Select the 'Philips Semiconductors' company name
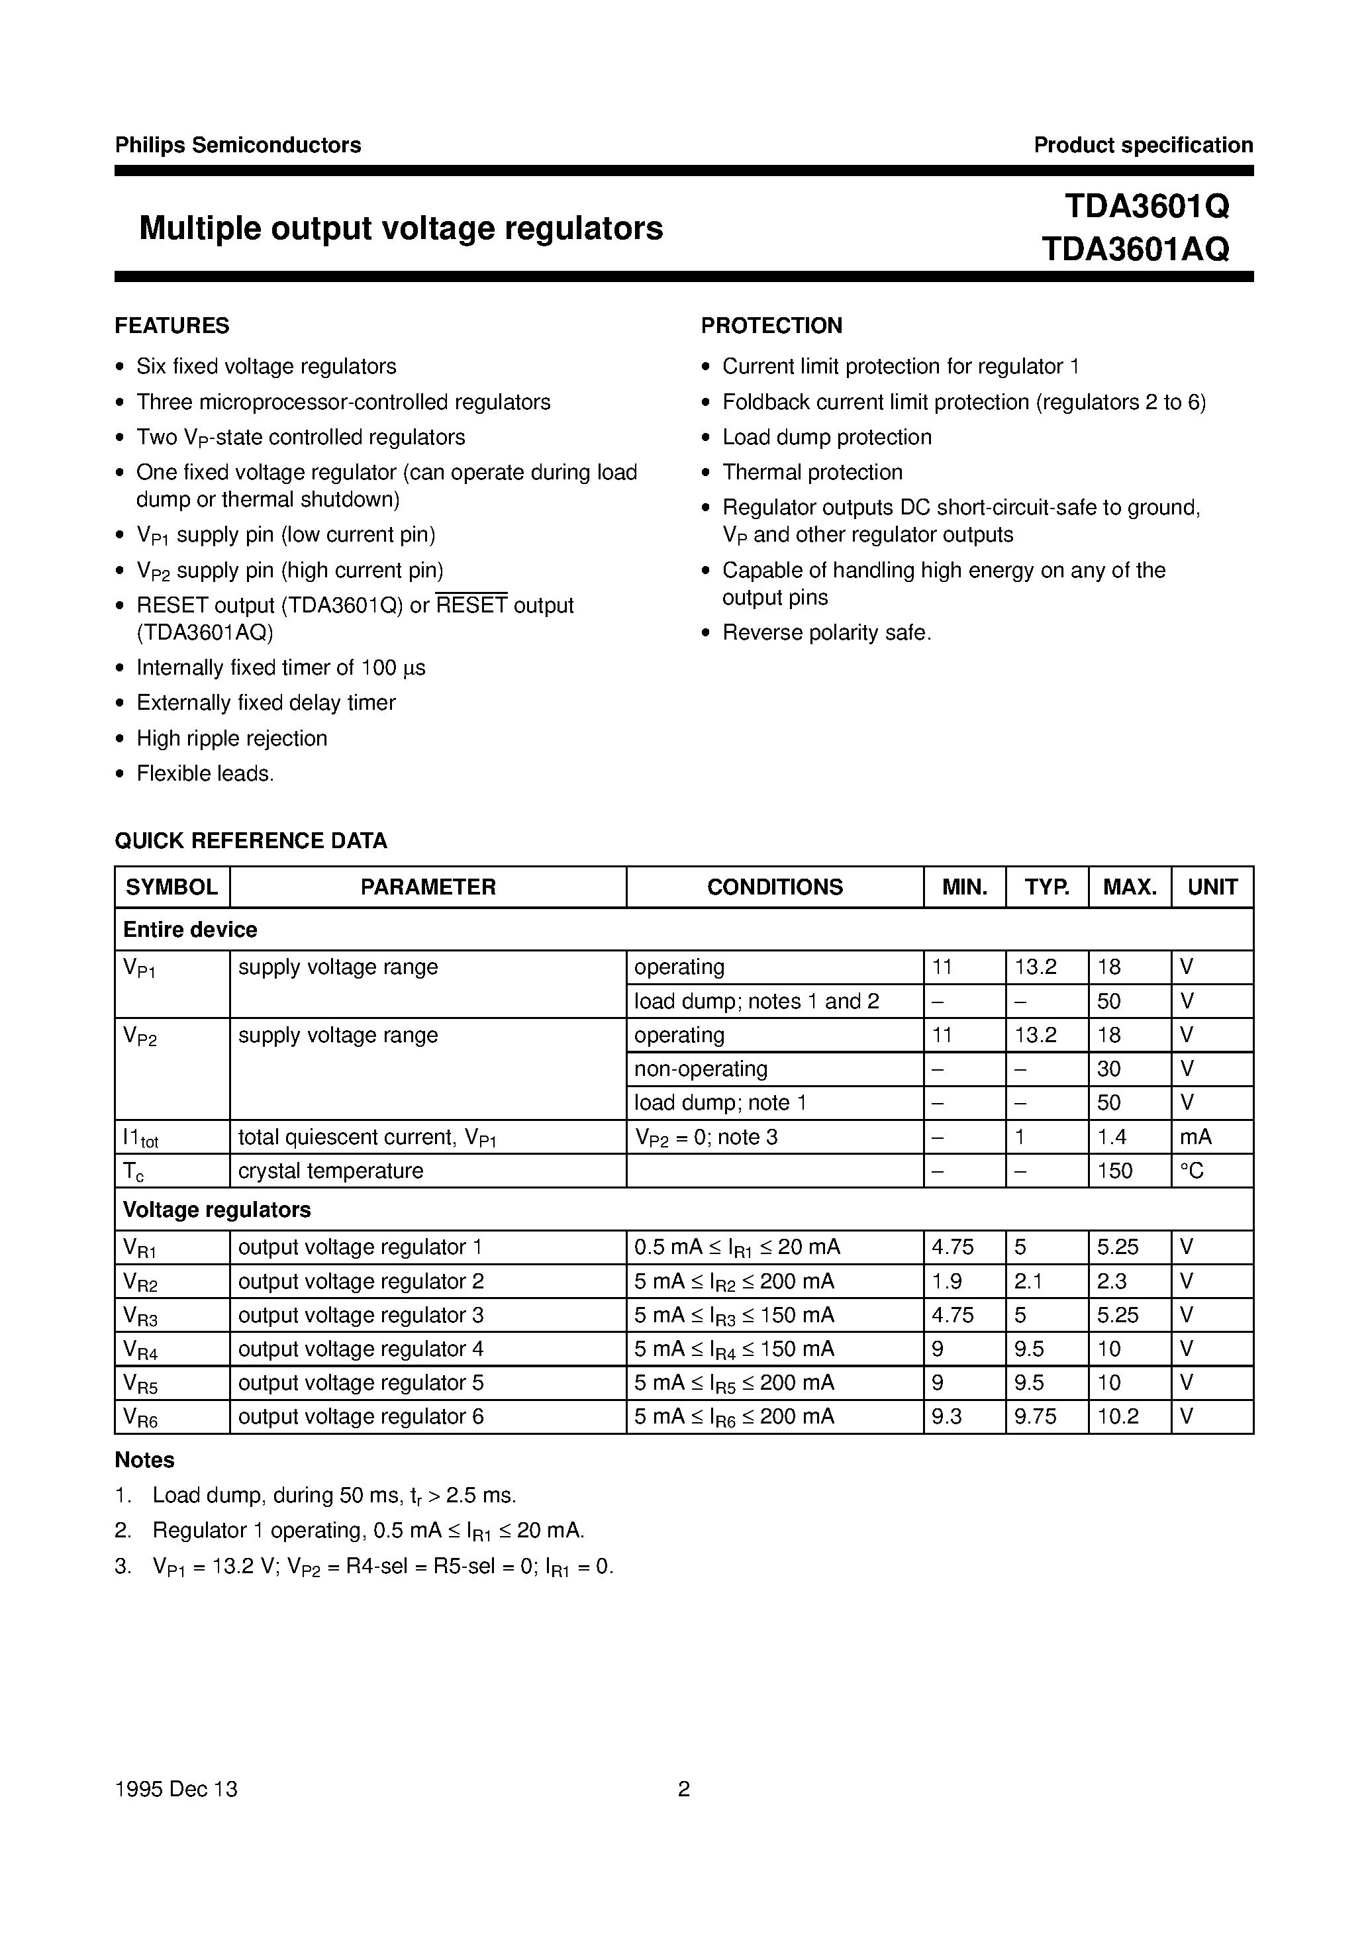238,145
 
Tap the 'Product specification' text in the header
1143,145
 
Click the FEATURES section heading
172,326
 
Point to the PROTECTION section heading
771,326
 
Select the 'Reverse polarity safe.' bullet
826,632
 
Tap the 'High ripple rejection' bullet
231,738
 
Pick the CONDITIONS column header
774,887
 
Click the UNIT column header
1211,887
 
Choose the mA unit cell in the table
1195,1137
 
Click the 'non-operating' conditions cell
700,1069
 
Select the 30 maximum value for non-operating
1108,1069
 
